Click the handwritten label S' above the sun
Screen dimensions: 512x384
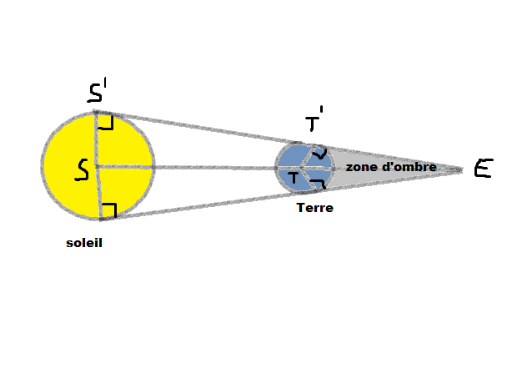97,90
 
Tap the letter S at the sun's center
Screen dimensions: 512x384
82,169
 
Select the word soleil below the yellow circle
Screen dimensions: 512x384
84,243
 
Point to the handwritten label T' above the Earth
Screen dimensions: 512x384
314,119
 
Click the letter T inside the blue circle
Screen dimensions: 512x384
294,178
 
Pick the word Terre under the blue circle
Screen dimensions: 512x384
314,208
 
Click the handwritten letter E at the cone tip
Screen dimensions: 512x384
484,168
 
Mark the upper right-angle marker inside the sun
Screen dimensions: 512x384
106,123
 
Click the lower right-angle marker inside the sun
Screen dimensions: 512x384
109,210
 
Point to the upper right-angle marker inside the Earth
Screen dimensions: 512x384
319,154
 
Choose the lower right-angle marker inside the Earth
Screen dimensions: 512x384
318,184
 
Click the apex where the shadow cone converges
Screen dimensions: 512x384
462,169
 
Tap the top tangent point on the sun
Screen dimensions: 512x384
95,112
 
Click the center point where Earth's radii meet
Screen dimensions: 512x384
301,168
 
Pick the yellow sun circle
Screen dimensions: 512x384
98,165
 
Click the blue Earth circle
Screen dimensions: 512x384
304,168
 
